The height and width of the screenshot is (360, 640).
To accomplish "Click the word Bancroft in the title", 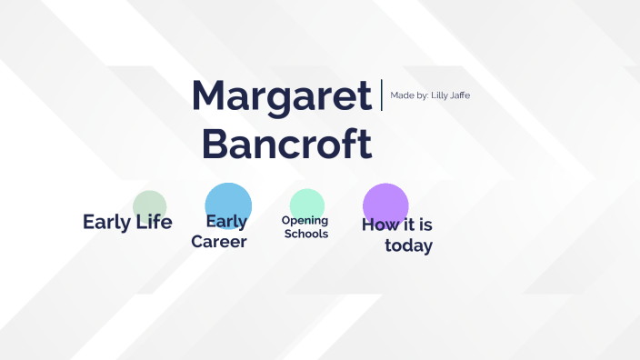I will click(286, 144).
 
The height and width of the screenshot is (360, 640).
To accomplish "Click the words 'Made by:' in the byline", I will click(409, 95).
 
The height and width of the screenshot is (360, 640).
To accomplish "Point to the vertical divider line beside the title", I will click(382, 95).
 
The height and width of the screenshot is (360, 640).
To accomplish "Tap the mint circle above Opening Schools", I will click(306, 203).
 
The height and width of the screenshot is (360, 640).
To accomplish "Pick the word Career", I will click(219, 243).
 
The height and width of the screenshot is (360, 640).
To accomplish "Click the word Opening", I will click(305, 221).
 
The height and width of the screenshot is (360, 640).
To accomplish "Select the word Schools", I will click(306, 235).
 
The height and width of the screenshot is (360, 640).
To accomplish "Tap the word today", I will click(408, 246).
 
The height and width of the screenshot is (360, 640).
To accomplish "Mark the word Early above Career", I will click(226, 222).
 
